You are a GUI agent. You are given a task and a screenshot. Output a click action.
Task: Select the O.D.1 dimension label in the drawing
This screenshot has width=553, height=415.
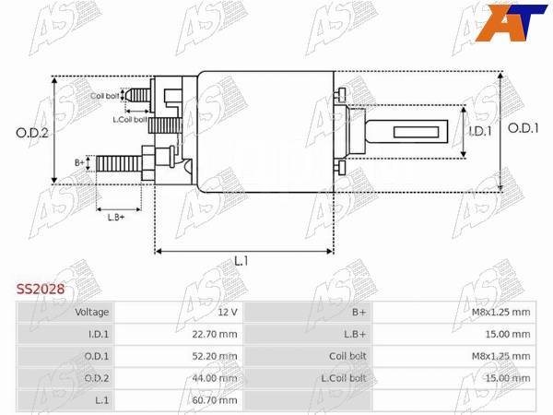(523, 128)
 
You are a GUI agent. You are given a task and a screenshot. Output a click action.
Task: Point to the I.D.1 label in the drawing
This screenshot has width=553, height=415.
(480, 132)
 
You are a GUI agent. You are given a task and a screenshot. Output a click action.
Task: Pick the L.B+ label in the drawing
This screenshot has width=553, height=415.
(116, 217)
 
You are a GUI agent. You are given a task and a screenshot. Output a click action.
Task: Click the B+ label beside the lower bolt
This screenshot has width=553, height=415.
(79, 162)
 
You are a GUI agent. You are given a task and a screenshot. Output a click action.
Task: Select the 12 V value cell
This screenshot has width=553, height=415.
(228, 312)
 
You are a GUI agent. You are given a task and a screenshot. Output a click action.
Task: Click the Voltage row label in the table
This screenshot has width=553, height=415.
(92, 312)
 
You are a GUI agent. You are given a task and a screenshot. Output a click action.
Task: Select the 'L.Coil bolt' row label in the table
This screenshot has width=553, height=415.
(344, 378)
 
